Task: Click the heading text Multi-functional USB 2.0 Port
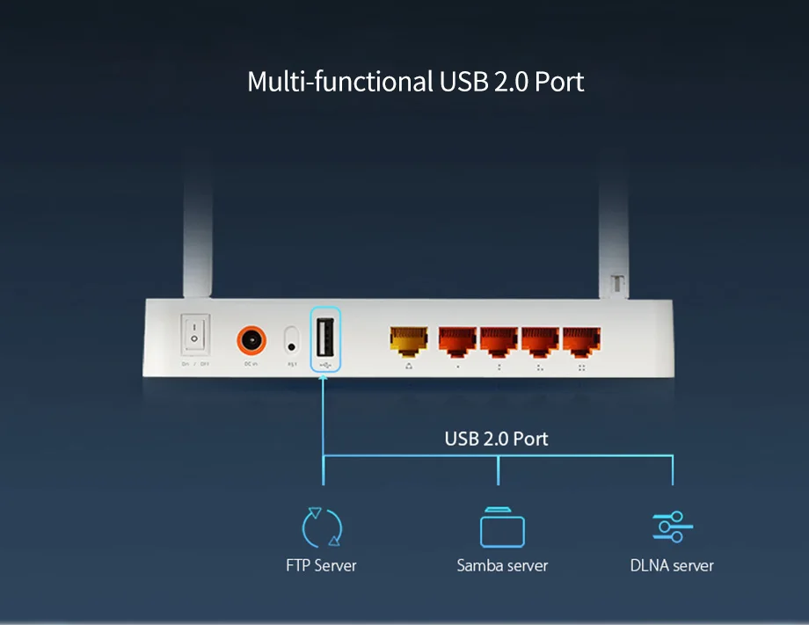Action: tap(415, 82)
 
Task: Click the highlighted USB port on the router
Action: tap(324, 335)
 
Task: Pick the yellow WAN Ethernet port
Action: tap(409, 339)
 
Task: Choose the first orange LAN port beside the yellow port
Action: tap(457, 339)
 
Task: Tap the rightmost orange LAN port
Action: tap(581, 339)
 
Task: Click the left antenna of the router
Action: tap(198, 237)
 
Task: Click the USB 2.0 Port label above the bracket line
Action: tap(496, 438)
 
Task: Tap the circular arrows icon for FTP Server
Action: tap(322, 527)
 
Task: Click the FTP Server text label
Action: tap(321, 565)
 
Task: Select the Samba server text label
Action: tap(502, 565)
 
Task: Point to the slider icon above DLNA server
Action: tap(673, 526)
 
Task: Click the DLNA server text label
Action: tap(672, 565)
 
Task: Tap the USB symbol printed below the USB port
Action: tap(324, 363)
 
